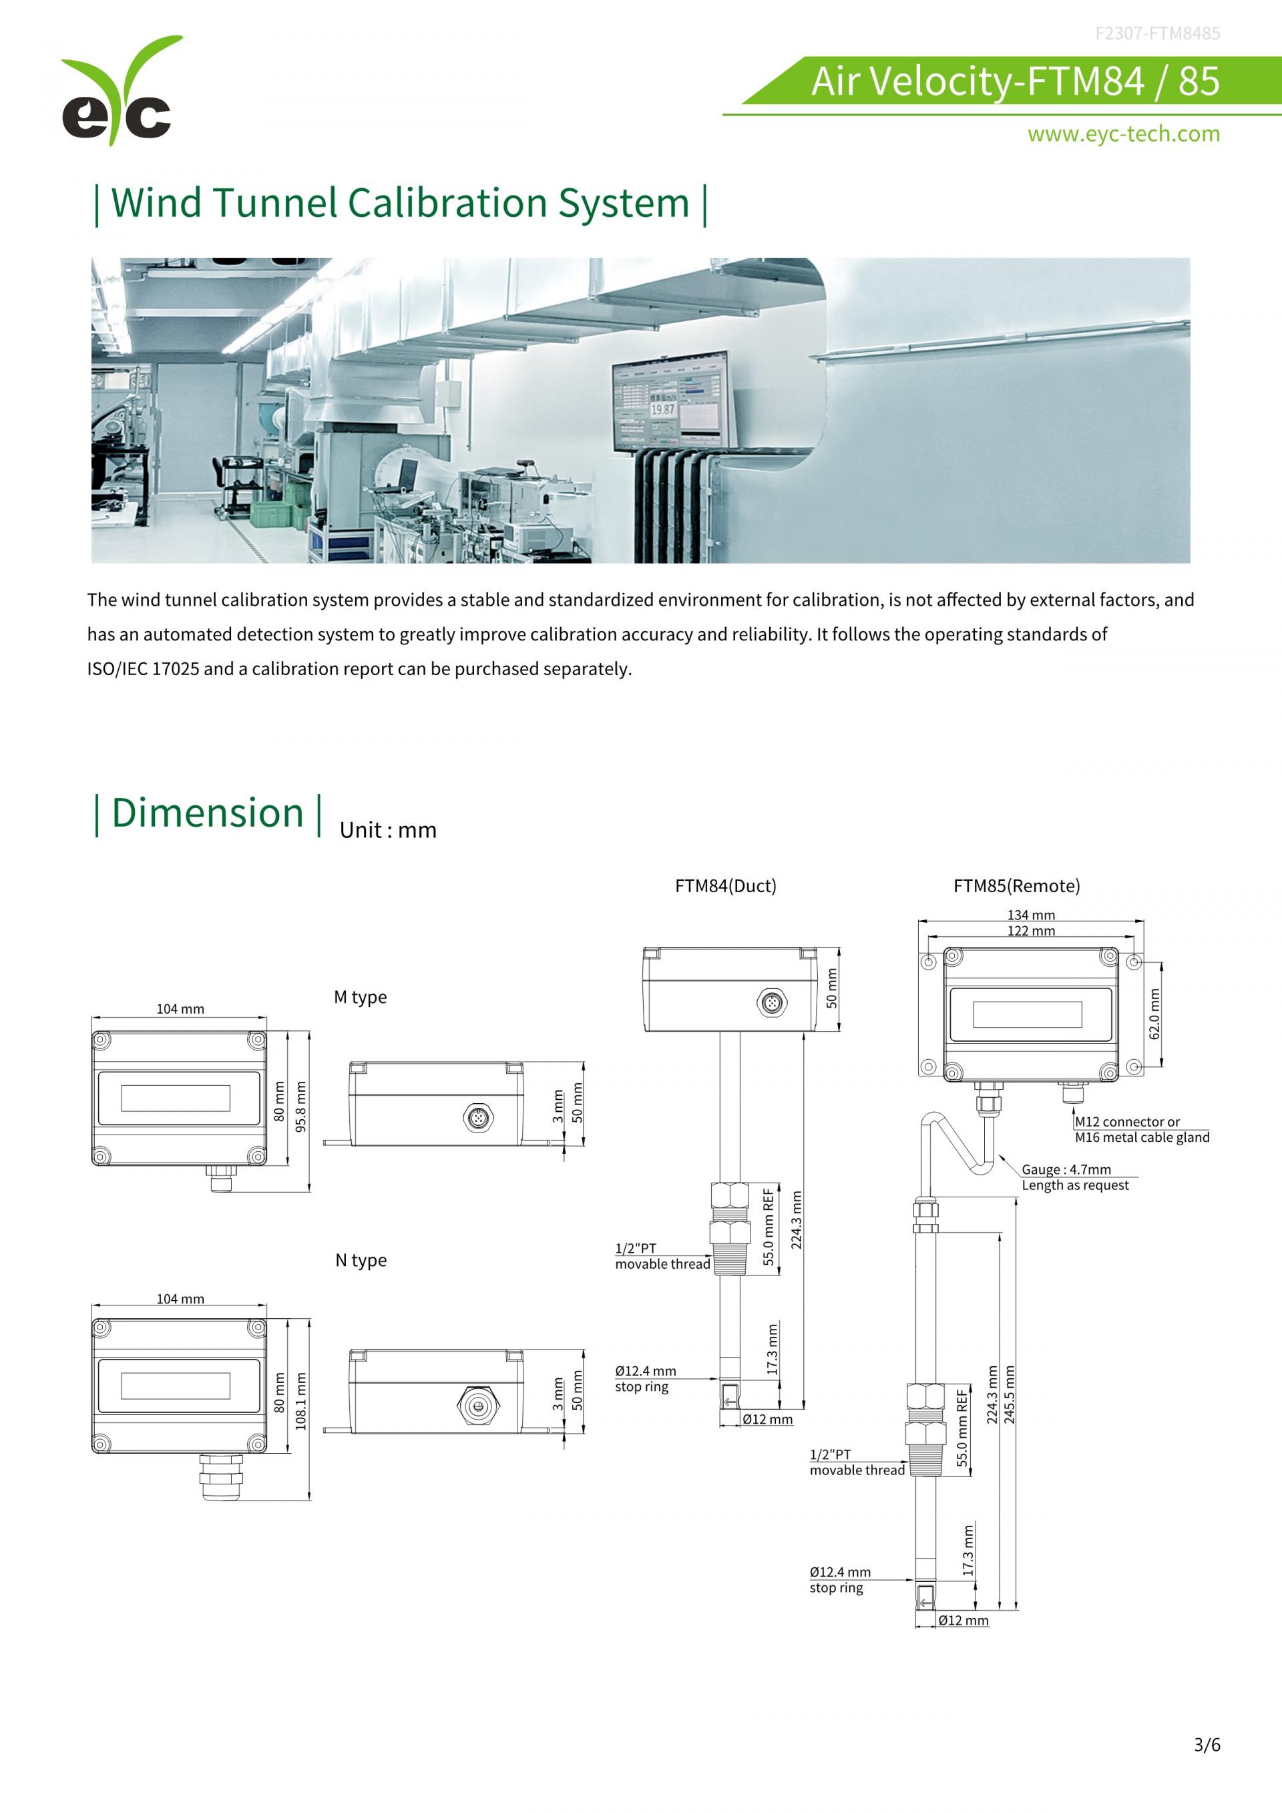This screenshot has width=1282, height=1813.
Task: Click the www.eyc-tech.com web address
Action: click(x=1123, y=134)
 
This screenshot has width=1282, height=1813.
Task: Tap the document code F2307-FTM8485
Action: click(x=1157, y=33)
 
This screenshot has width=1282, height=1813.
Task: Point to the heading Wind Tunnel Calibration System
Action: click(x=400, y=203)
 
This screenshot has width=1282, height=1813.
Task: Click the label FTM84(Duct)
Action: click(x=726, y=886)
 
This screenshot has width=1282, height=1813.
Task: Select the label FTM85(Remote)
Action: click(x=1017, y=886)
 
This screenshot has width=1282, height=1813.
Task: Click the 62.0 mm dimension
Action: click(x=1155, y=1015)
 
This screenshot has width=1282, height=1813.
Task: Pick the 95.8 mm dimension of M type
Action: click(x=300, y=1106)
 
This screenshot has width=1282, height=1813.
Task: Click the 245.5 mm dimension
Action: click(x=1010, y=1394)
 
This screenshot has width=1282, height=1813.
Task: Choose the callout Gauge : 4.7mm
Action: click(x=1066, y=1169)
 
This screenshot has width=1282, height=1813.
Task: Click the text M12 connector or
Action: click(x=1127, y=1122)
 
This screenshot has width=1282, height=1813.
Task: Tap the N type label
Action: click(x=361, y=1260)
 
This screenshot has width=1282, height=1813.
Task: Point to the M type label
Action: click(x=360, y=997)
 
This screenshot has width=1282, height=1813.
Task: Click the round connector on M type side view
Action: click(x=477, y=1117)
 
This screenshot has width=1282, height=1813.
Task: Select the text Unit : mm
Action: click(x=387, y=830)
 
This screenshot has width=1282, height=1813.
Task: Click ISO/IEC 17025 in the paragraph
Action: click(x=143, y=669)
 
